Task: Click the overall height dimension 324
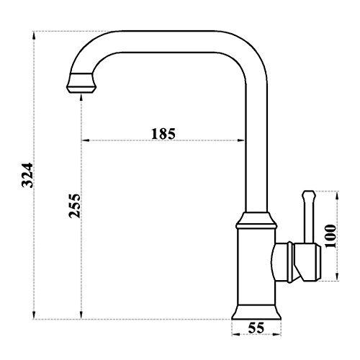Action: click(27, 175)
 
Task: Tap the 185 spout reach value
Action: click(164, 134)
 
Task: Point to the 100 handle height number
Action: click(330, 235)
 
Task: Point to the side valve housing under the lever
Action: click(298, 261)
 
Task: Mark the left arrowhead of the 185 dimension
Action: click(84, 141)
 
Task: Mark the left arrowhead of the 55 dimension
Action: click(234, 335)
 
